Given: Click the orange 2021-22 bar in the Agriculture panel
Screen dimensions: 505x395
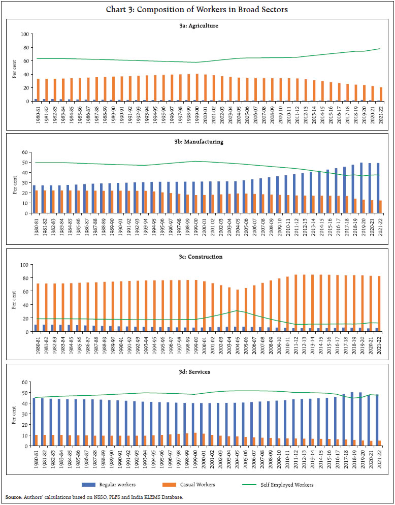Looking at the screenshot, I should point(381,94).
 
